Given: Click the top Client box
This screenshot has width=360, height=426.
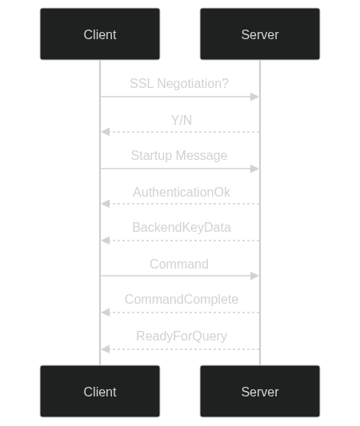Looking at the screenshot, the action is (100, 34).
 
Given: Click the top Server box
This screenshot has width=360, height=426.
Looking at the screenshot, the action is (260, 34).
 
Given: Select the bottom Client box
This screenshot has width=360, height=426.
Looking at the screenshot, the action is (100, 391).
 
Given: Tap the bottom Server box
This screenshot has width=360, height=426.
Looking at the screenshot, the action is (260, 391).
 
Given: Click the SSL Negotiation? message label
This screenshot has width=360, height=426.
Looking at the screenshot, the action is (179, 83).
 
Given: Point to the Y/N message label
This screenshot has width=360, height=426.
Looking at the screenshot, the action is (182, 120).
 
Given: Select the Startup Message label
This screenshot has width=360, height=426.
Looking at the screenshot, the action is (179, 155).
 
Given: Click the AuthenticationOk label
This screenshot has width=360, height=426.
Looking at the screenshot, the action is (182, 192).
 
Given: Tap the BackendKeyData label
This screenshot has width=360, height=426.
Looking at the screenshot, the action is (182, 228).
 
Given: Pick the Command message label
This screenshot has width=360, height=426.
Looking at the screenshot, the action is (179, 264).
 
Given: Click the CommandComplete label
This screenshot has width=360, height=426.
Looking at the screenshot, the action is (182, 300).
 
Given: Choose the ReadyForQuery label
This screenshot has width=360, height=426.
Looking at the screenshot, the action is (182, 336).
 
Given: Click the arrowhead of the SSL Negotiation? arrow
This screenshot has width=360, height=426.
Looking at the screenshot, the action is (254, 97).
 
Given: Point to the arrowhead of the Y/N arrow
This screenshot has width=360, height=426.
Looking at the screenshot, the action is (106, 132).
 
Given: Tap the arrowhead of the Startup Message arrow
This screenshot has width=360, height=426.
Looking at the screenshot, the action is (254, 169).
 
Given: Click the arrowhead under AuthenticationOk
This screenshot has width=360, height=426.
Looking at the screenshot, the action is (106, 204).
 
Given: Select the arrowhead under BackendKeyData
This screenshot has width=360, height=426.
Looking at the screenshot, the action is (106, 241).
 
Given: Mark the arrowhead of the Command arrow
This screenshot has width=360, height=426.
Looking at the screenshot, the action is (254, 276).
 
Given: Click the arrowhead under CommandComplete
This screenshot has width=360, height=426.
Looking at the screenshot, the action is (106, 313).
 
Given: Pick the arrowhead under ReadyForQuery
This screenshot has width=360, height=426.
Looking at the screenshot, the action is (106, 349).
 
